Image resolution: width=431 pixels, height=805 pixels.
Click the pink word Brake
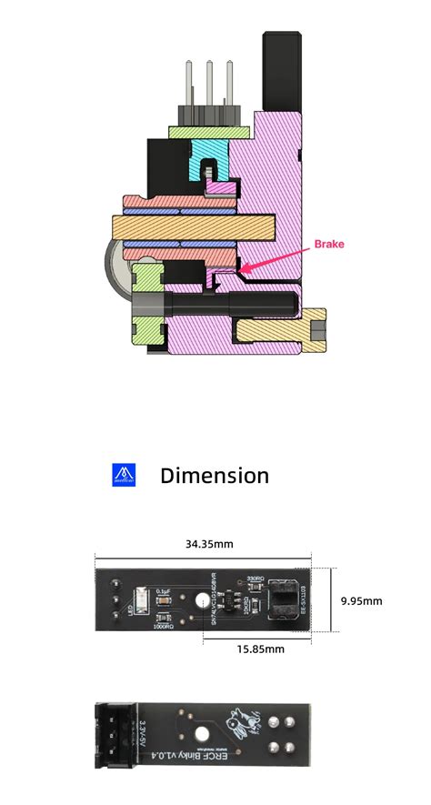tap(329, 244)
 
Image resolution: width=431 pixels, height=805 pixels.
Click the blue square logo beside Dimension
tap(123, 474)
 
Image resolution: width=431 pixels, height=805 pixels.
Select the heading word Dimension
tap(214, 475)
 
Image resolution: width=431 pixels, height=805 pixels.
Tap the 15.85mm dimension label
tap(256, 649)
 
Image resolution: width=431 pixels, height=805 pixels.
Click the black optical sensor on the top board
tap(283, 599)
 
